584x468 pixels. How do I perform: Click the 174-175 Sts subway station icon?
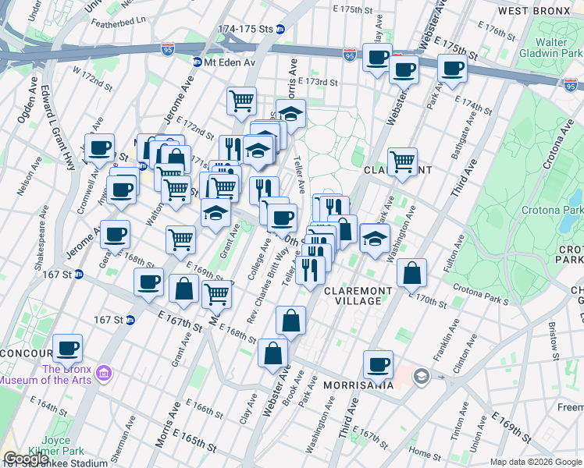click(280, 29)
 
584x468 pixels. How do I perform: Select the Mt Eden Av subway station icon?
click(198, 62)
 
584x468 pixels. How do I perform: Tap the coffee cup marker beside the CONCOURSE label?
click(67, 347)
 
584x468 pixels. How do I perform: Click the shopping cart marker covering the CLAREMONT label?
click(402, 162)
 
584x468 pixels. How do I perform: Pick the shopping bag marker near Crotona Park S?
click(411, 273)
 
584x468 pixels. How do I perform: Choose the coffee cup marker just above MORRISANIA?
click(379, 364)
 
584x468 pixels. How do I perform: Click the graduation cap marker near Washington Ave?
click(376, 239)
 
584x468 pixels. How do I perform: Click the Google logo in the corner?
click(25, 459)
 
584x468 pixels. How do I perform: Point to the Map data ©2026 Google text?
click(535, 461)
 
